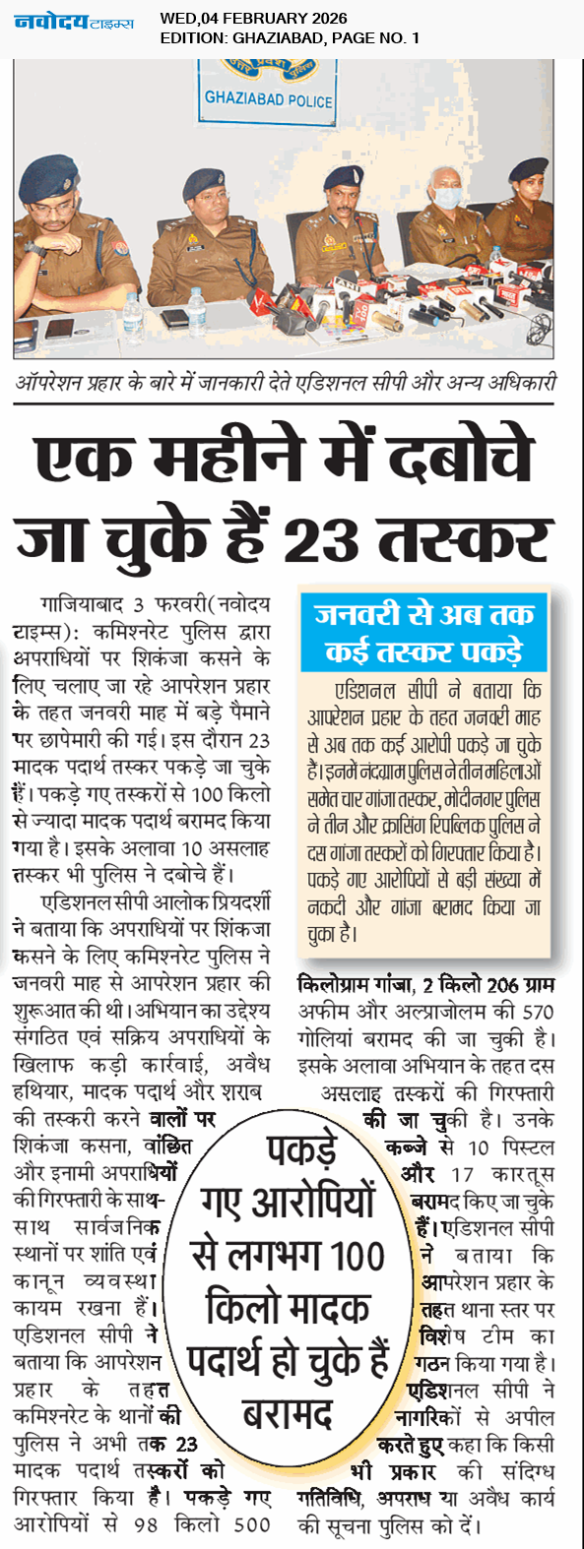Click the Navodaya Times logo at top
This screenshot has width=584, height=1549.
click(x=73, y=22)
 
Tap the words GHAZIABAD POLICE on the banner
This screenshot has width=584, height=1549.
click(x=268, y=99)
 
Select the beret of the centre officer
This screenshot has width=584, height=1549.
click(x=344, y=175)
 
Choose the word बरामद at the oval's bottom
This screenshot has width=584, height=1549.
click(x=288, y=1413)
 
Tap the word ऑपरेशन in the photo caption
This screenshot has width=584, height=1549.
click(x=62, y=383)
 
